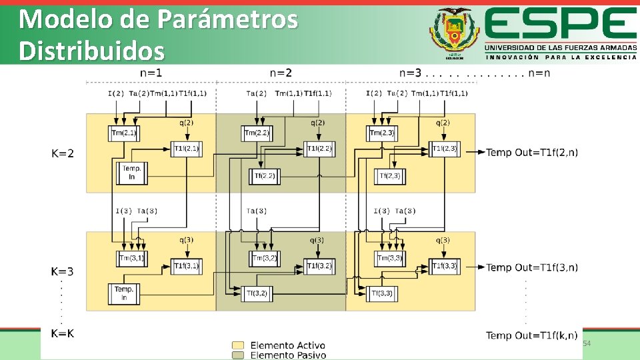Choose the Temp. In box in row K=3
pyautogui.click(x=124, y=293)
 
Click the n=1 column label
pyautogui.click(x=151, y=73)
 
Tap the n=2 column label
pyautogui.click(x=281, y=73)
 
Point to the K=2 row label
pyautogui.click(x=63, y=153)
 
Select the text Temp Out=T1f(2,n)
pyautogui.click(x=532, y=153)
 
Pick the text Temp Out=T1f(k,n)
pyautogui.click(x=532, y=335)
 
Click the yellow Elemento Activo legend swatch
pyautogui.click(x=237, y=345)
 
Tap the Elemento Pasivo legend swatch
pyautogui.click(x=237, y=355)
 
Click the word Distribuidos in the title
pyautogui.click(x=91, y=51)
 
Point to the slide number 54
pyautogui.click(x=587, y=343)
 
